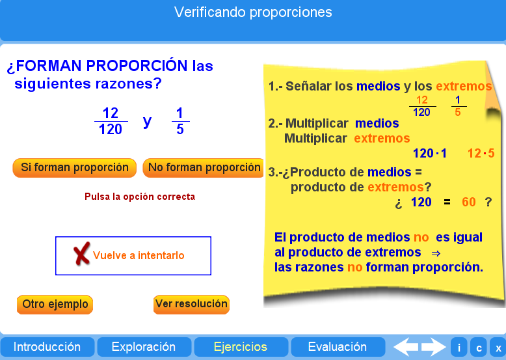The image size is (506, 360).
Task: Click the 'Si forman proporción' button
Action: [x=75, y=168]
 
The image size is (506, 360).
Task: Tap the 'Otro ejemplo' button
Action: [x=55, y=304]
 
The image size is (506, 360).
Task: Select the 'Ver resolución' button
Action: [x=191, y=304]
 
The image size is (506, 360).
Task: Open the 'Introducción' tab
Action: [x=47, y=347]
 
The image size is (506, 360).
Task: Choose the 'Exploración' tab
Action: [x=144, y=347]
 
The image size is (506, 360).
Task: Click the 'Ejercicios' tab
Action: [x=241, y=347]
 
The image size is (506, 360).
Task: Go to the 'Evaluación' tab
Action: [x=337, y=347]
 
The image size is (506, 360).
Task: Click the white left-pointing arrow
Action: [x=406, y=347]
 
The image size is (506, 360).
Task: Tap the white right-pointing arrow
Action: [x=433, y=347]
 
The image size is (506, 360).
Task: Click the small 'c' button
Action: [x=479, y=348]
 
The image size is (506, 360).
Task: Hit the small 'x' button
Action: [x=498, y=348]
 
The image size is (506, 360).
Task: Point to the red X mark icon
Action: [x=81, y=255]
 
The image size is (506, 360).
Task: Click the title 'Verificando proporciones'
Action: [x=253, y=12]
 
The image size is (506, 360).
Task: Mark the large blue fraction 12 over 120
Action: [x=111, y=121]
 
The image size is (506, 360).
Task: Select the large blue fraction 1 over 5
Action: [x=180, y=121]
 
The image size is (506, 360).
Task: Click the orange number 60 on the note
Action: [x=469, y=202]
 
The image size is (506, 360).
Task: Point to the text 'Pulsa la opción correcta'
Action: [x=140, y=197]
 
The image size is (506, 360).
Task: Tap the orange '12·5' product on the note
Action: [x=481, y=154]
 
